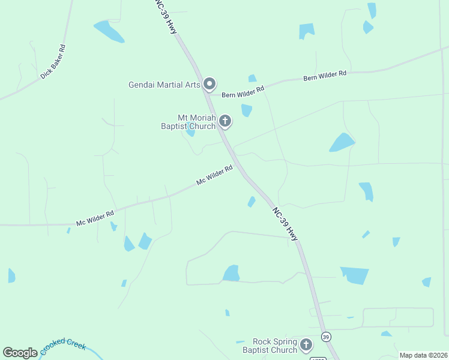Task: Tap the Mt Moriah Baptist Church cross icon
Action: point(225,121)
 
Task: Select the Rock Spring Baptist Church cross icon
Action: point(306,345)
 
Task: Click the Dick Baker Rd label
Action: point(53,61)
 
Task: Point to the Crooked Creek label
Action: point(64,347)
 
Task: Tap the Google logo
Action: point(20,353)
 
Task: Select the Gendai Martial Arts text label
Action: point(164,85)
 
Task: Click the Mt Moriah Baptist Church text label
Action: point(188,122)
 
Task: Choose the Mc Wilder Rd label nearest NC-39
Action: point(214,175)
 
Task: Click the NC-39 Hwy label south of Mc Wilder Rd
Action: point(285,224)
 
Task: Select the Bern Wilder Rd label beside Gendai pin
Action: point(243,92)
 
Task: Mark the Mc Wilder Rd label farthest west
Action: point(95,218)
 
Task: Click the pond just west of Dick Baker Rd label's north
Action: point(109,31)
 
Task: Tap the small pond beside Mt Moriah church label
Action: point(191,133)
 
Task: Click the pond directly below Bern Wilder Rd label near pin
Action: point(246,110)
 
